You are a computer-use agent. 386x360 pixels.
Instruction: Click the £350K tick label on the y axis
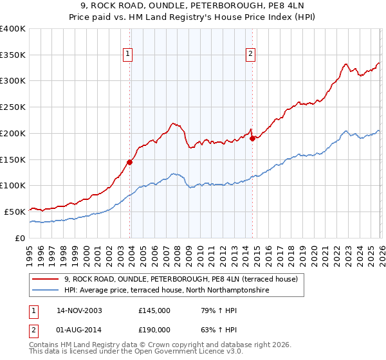coord(13,55)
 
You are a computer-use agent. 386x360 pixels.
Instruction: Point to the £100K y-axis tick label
coord(13,185)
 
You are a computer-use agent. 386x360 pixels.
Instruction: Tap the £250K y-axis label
coord(13,107)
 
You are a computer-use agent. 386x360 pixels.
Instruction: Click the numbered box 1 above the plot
coord(129,54)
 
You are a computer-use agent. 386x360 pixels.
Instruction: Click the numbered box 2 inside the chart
coord(250,54)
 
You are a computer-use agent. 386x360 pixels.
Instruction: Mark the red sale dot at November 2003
coord(130,162)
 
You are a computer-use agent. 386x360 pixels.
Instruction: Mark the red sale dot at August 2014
coord(252,138)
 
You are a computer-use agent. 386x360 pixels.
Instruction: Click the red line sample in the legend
coord(46,280)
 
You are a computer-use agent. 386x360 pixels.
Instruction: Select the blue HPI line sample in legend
coord(46,291)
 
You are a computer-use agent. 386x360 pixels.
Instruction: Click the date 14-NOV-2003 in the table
coord(79,310)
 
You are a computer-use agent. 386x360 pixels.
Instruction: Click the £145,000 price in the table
coord(154,310)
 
